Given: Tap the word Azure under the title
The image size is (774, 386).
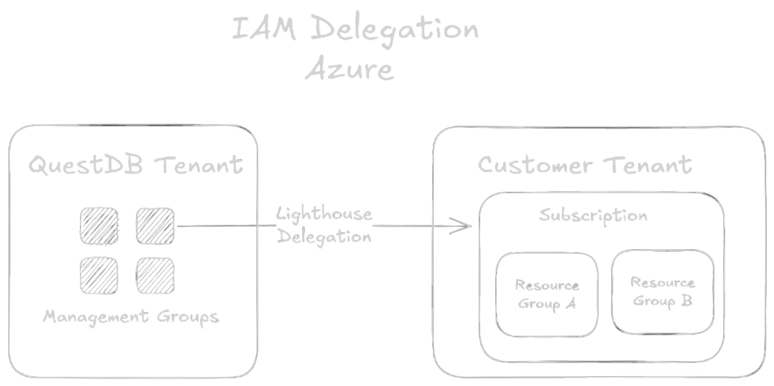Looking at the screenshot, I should [x=349, y=70].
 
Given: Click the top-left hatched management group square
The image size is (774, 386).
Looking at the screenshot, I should [x=99, y=226].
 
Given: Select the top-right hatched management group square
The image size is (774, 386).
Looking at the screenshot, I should [x=155, y=226].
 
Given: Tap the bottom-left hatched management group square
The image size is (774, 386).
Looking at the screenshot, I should [x=99, y=275].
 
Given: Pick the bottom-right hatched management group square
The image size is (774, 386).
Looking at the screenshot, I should [x=155, y=275].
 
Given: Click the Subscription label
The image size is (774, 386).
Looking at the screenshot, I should [x=593, y=215].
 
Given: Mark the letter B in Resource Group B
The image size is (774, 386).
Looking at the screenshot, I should [x=686, y=301].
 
